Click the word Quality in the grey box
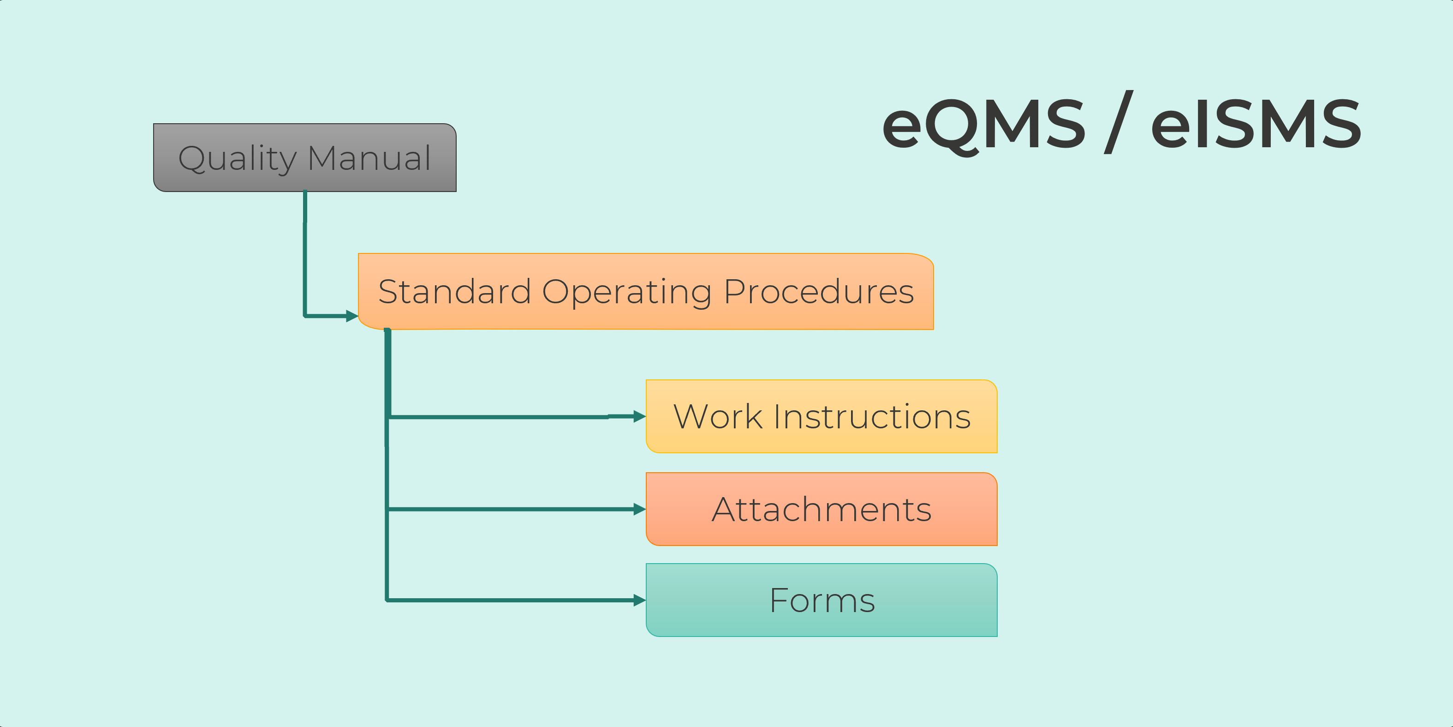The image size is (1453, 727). [238, 159]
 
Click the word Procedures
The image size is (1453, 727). [818, 292]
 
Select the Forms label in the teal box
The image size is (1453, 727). [822, 600]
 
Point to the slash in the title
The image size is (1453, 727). [1119, 122]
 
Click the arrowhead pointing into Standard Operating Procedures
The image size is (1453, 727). [352, 316]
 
